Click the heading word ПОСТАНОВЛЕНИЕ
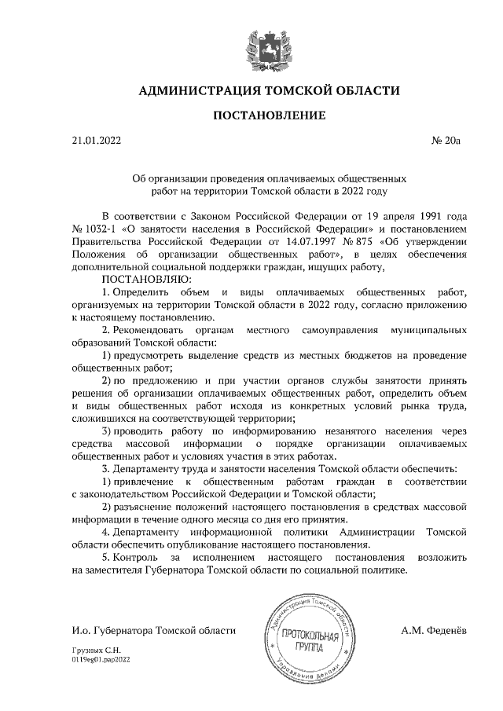270,115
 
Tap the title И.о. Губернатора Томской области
153,630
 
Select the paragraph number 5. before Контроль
108,557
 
